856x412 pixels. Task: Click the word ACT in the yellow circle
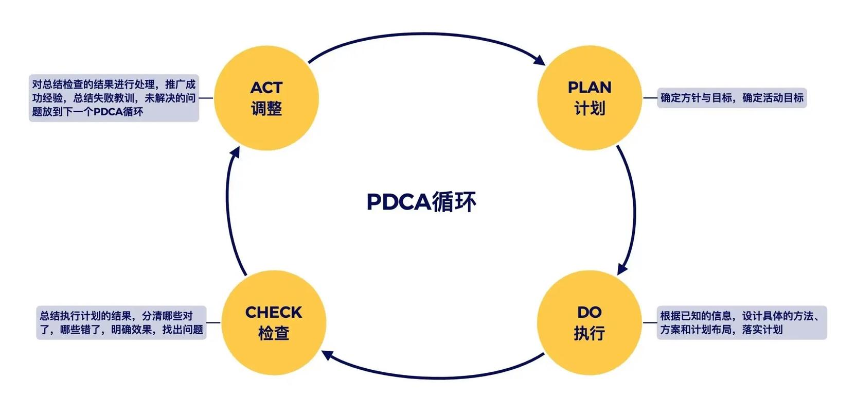(x=266, y=88)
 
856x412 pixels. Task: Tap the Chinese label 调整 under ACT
(x=266, y=109)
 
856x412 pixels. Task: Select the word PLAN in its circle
(x=590, y=88)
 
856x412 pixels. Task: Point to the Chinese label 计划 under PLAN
(x=590, y=109)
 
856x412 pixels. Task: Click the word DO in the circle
(x=589, y=312)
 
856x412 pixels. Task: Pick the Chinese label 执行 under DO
(x=589, y=333)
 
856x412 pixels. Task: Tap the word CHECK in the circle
(x=274, y=312)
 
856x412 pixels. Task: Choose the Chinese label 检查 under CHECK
(x=274, y=333)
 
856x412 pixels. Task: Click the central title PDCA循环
(x=421, y=202)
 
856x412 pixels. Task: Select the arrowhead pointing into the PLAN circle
(x=540, y=60)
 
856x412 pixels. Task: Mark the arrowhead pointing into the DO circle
(x=622, y=269)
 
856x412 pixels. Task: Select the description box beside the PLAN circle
(x=732, y=98)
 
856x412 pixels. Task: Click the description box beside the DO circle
(x=741, y=323)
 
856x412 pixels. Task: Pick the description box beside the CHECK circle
(x=121, y=323)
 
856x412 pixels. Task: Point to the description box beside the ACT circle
(x=114, y=98)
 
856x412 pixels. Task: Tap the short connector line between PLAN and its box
(x=650, y=98)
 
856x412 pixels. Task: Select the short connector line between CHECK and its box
(x=213, y=323)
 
